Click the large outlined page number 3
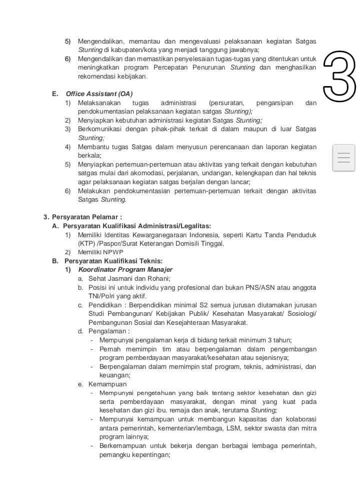pyautogui.click(x=339, y=76)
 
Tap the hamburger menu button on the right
pyautogui.click(x=343, y=158)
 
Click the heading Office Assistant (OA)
pyautogui.click(x=99, y=94)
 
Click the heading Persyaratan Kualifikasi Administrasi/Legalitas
pyautogui.click(x=136, y=226)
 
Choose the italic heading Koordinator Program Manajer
pyautogui.click(x=125, y=270)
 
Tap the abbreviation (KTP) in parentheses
pyautogui.click(x=86, y=244)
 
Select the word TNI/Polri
pyautogui.click(x=101, y=296)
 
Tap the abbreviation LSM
pyautogui.click(x=233, y=428)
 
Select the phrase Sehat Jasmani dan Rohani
pyautogui.click(x=129, y=278)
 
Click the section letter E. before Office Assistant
pyautogui.click(x=54, y=94)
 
